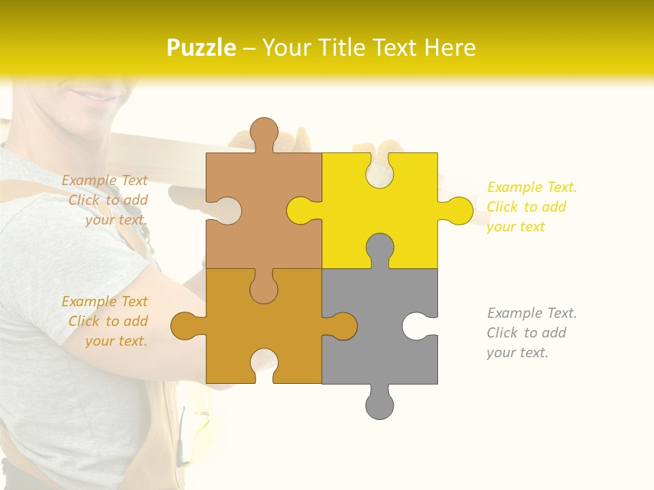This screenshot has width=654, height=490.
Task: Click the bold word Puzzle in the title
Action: point(201,48)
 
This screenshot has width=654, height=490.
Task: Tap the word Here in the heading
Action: point(449,48)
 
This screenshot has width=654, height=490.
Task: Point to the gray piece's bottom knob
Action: point(379,404)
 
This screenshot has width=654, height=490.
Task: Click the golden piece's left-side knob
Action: point(185,326)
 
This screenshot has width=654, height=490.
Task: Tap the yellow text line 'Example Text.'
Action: point(532,187)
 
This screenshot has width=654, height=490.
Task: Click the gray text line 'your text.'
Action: point(517,353)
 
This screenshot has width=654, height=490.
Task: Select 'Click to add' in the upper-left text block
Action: point(108,200)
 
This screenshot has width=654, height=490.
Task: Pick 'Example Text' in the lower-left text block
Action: point(104,301)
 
